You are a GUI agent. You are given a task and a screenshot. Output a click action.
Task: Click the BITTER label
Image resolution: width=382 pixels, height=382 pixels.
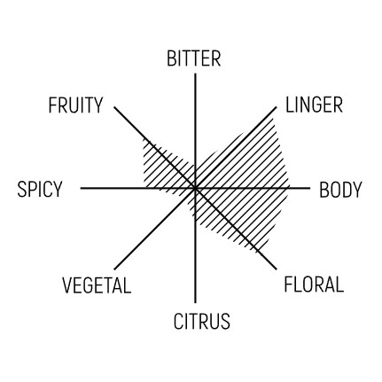coord(193,58)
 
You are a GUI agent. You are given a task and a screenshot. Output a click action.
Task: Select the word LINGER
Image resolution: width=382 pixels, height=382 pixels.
coord(314,105)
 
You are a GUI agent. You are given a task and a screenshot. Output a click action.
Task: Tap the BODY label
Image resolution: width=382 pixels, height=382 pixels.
coord(340,190)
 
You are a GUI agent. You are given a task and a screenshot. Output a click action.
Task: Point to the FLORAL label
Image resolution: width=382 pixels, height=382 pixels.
coord(314,284)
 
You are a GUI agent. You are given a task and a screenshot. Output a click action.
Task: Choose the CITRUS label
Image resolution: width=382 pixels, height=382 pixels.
coord(201,321)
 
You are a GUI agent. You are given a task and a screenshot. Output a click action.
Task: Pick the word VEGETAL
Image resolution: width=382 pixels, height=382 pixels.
coord(97,285)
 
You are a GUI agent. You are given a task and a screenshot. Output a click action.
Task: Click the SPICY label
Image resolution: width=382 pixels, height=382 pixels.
coord(40,189)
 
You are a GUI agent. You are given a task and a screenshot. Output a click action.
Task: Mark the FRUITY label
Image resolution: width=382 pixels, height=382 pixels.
coord(75,105)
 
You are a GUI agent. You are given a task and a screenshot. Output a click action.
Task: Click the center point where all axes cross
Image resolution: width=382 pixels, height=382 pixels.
coord(195,188)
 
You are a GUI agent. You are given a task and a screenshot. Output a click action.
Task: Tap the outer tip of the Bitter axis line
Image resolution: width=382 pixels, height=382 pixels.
coord(195,74)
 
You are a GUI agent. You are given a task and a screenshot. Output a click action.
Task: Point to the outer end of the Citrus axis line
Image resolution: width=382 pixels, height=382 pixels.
coord(195,302)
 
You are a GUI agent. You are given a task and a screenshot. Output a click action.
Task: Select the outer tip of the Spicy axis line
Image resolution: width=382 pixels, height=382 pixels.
coord(81,188)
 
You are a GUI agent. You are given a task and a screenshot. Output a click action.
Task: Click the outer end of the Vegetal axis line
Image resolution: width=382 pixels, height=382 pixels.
coord(114,269)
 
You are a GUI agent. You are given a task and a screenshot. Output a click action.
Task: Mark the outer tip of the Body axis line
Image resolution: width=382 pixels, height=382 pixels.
coord(309,188)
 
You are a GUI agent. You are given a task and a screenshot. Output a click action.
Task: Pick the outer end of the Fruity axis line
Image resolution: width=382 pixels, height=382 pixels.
coord(114,107)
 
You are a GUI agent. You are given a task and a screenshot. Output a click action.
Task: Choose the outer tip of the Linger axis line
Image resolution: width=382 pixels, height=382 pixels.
coord(277,107)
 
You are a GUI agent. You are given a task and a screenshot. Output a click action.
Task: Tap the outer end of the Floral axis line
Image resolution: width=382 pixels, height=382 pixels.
coord(277,269)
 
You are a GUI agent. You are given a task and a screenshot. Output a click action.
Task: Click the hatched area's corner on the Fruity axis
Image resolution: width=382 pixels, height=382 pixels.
coord(144,137)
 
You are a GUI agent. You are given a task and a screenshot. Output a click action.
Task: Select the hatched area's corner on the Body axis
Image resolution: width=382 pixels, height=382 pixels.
coord(289,188)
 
